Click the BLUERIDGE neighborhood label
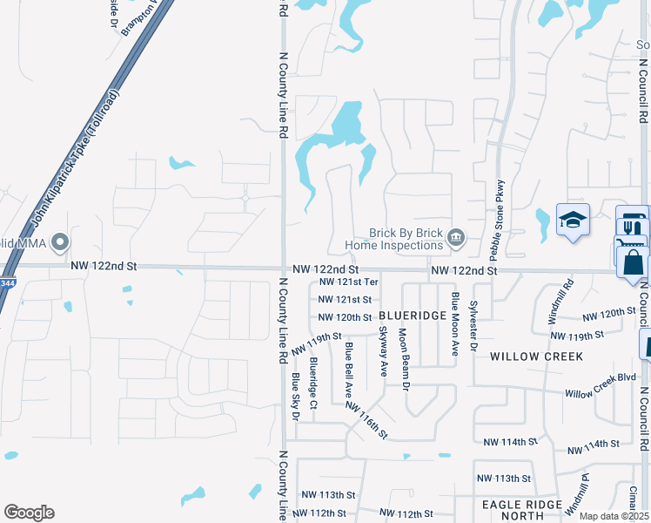point(413,317)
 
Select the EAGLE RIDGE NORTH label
point(522,510)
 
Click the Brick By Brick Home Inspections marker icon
point(454,237)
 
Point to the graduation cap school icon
point(574,221)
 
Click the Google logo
point(29,513)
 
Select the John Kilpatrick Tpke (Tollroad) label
point(76,161)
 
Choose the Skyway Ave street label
point(383,351)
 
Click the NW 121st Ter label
point(348,282)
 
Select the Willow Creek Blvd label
point(600,392)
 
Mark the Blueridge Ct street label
point(313,375)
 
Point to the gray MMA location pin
point(60,241)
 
